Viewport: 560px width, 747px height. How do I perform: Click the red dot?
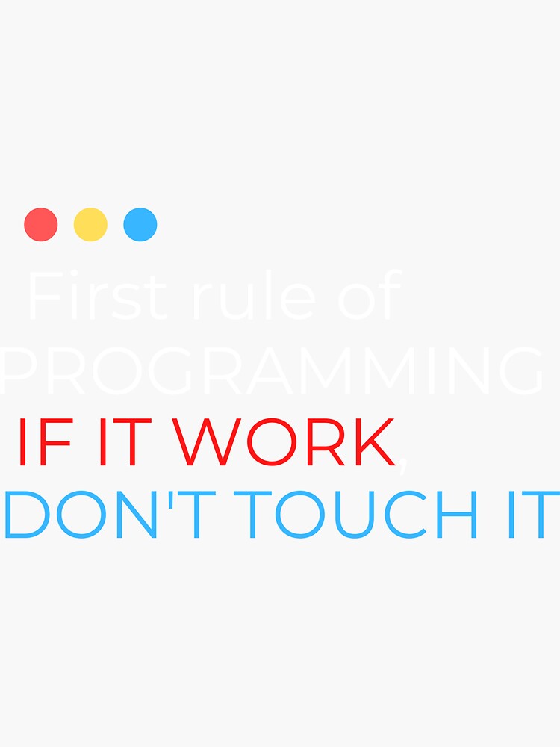(x=41, y=225)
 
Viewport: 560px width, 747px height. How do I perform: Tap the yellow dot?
(x=90, y=225)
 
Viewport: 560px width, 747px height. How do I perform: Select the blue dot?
(x=140, y=225)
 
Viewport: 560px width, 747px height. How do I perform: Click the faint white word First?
(x=96, y=297)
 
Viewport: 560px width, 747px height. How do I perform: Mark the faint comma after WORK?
(x=403, y=463)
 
